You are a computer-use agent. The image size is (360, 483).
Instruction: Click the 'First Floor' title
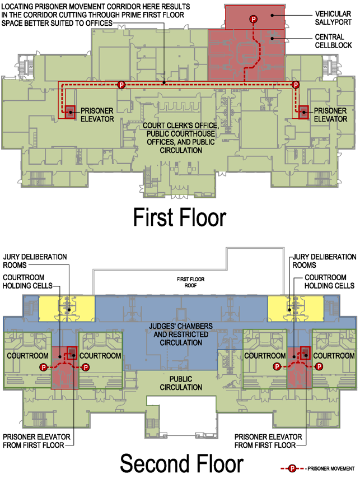pyautogui.click(x=179, y=217)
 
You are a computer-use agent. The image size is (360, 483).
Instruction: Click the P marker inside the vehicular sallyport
pyautogui.click(x=253, y=20)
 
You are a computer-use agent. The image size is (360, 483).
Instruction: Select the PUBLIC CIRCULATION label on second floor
pyautogui.click(x=180, y=383)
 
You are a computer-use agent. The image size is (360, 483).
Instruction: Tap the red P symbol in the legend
pyautogui.click(x=292, y=467)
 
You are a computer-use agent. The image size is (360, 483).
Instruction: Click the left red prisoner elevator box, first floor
pyautogui.click(x=70, y=112)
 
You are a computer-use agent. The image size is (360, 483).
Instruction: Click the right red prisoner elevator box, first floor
pyautogui.click(x=303, y=112)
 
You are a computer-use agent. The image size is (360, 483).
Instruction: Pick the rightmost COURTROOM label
pyautogui.click(x=334, y=356)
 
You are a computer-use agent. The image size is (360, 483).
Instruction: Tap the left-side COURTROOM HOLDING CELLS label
pyautogui.click(x=27, y=281)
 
